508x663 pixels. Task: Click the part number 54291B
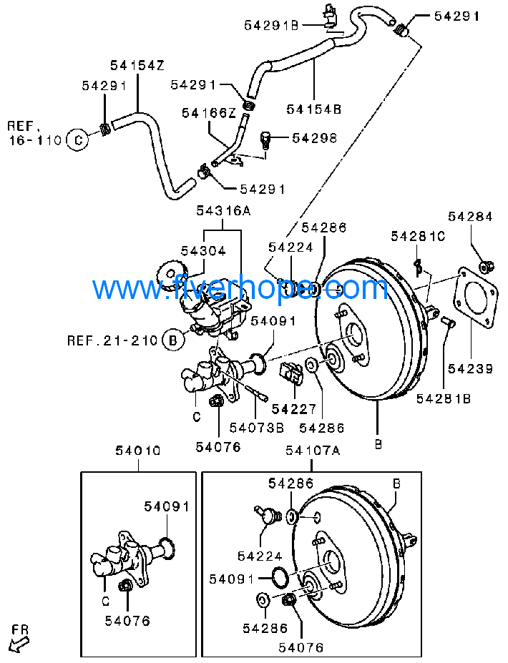click(x=271, y=25)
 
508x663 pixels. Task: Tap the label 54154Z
click(x=137, y=66)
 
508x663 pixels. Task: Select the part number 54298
click(x=313, y=137)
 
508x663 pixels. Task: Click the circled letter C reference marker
click(x=77, y=139)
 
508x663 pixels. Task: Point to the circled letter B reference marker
click(x=172, y=340)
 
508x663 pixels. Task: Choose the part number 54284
click(x=470, y=216)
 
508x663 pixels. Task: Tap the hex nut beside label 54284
click(x=485, y=267)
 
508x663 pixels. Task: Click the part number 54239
click(x=470, y=369)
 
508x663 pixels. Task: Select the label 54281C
click(x=418, y=236)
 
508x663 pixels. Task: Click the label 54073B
click(x=256, y=428)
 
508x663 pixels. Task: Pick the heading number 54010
click(x=138, y=451)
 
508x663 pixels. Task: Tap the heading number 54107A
click(x=313, y=451)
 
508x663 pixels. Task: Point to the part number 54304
click(x=203, y=251)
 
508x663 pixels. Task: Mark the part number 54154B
click(x=314, y=109)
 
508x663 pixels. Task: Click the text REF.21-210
click(x=112, y=340)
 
